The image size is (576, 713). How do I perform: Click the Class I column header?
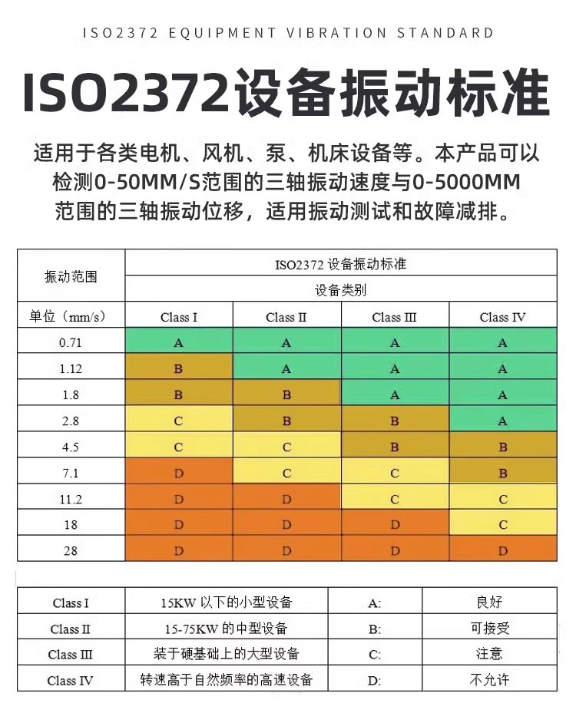[x=179, y=317]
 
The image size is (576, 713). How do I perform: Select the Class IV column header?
[x=502, y=317]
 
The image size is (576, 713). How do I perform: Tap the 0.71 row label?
[x=71, y=343]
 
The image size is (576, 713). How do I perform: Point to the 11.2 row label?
[x=71, y=499]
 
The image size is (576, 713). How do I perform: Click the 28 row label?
[x=71, y=551]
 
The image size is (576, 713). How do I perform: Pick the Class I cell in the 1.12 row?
[x=179, y=369]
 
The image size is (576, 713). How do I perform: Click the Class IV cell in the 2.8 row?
[x=502, y=421]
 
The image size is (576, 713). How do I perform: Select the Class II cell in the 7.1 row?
[x=286, y=473]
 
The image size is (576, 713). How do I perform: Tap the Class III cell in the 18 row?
[x=395, y=525]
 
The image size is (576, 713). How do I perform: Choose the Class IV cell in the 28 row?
[x=502, y=551]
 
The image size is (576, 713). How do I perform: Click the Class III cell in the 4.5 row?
[x=395, y=447]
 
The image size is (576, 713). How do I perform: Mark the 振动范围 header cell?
[x=71, y=276]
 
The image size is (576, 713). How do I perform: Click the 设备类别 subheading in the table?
[x=340, y=290]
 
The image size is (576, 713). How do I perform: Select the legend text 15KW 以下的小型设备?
[x=228, y=602]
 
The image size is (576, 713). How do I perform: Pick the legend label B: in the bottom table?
[x=375, y=629]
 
